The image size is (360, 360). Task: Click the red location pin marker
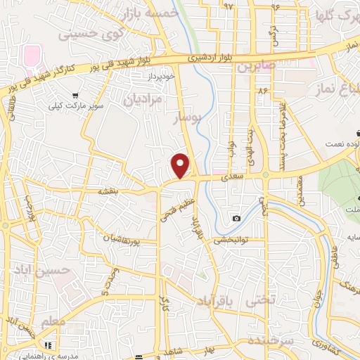pos(181,165)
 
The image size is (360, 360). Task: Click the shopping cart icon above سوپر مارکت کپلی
pos(75,96)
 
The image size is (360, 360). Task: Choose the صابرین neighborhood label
pos(253,69)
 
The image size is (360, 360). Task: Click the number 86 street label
pos(264,91)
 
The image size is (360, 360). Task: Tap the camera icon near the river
pos(237,218)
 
